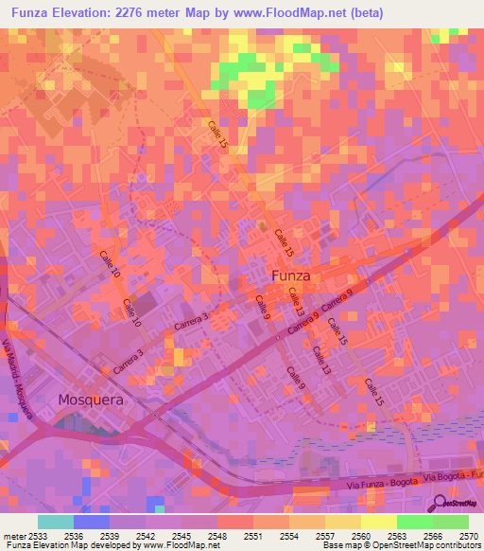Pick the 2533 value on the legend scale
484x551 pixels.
(x=39, y=535)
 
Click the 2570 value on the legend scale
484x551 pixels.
(x=467, y=535)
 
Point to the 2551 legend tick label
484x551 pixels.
(x=252, y=535)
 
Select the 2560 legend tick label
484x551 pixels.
(x=360, y=535)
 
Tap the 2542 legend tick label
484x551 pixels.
(x=146, y=535)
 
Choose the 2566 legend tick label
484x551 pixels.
(x=432, y=535)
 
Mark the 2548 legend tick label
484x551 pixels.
(x=217, y=535)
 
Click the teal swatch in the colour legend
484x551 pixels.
(x=55, y=522)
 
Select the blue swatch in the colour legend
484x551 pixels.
(x=91, y=522)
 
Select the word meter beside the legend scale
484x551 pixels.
(x=12, y=535)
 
